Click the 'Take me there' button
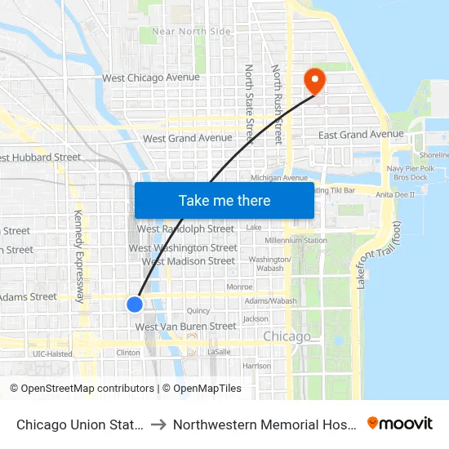click(x=224, y=200)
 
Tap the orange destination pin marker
click(x=313, y=80)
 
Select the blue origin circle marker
click(x=135, y=304)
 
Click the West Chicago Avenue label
click(x=151, y=78)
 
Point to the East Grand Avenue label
click(x=361, y=134)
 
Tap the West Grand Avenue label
click(x=188, y=139)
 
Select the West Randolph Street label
click(x=186, y=229)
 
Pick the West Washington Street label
click(x=184, y=247)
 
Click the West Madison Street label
click(x=189, y=261)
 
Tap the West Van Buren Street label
click(x=186, y=327)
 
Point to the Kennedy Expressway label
click(x=79, y=256)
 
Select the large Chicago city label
click(x=287, y=336)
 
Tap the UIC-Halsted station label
click(x=52, y=353)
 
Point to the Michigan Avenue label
click(x=279, y=177)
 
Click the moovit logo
click(x=399, y=424)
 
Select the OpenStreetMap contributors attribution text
click(x=82, y=389)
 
